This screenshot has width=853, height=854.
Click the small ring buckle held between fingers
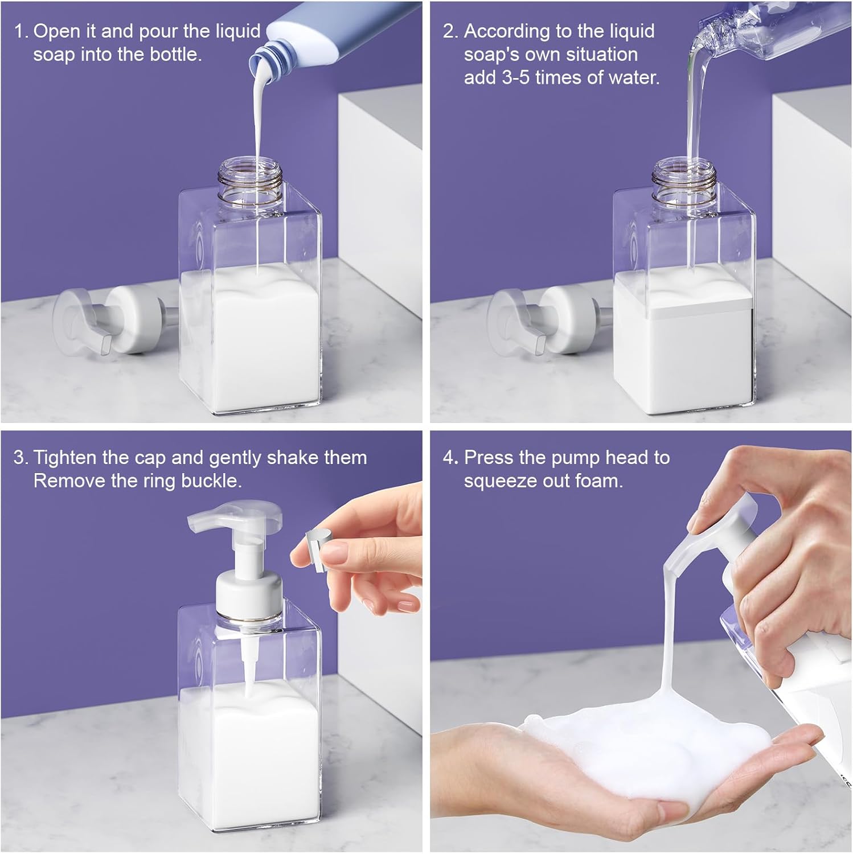(x=316, y=544)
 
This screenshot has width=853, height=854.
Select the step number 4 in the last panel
(x=449, y=458)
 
